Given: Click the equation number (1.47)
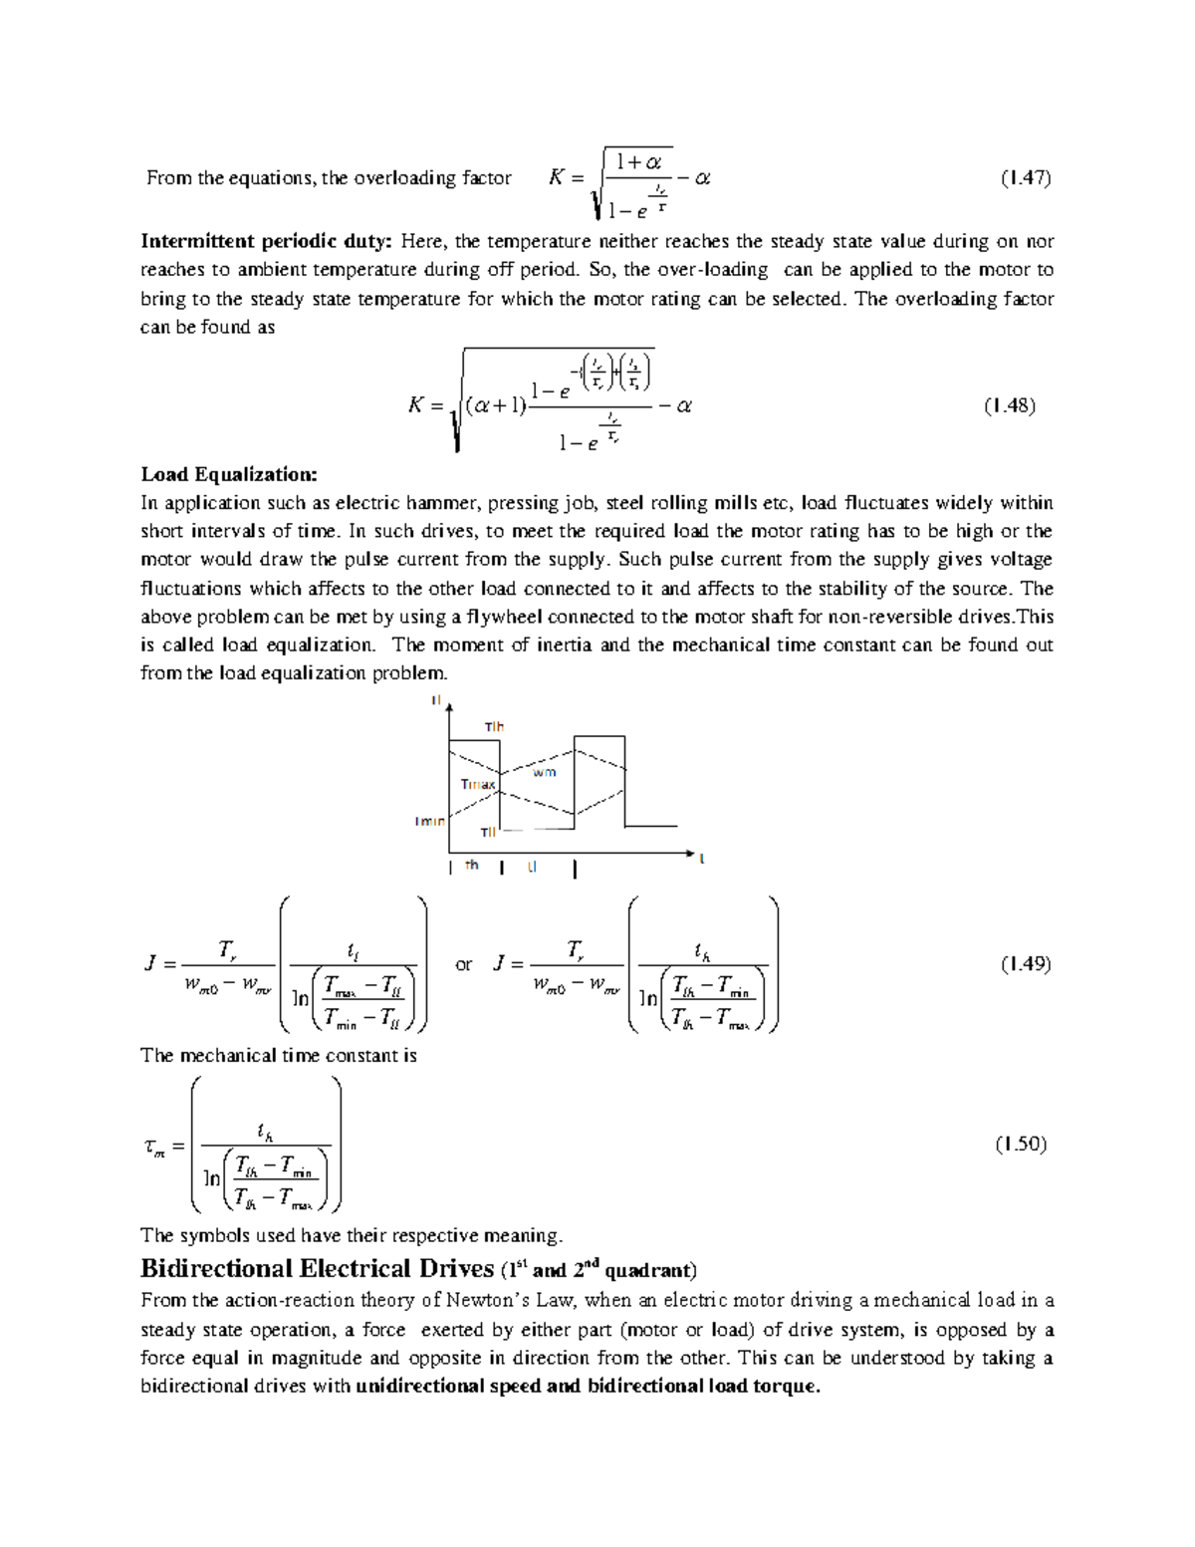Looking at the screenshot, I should [1026, 178].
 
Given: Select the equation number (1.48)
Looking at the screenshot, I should [1010, 405].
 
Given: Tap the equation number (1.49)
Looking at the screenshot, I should [1026, 963].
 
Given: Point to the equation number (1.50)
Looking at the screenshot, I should [1021, 1144].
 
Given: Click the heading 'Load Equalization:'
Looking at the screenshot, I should [229, 474].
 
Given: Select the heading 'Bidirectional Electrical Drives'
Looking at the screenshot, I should [318, 1268].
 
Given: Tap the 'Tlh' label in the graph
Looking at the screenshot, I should [494, 727].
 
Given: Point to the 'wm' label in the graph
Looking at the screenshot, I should [544, 772].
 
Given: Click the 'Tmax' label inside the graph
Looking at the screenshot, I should [477, 784].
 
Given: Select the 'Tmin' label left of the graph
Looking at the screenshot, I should [430, 821].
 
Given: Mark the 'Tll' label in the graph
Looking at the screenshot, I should [488, 832].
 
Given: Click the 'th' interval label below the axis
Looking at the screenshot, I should [472, 865].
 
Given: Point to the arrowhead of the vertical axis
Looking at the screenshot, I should [450, 706].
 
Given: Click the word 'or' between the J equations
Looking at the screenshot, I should [464, 964].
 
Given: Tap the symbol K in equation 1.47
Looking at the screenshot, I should [557, 178].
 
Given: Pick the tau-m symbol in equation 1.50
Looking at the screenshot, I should [153, 1147].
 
